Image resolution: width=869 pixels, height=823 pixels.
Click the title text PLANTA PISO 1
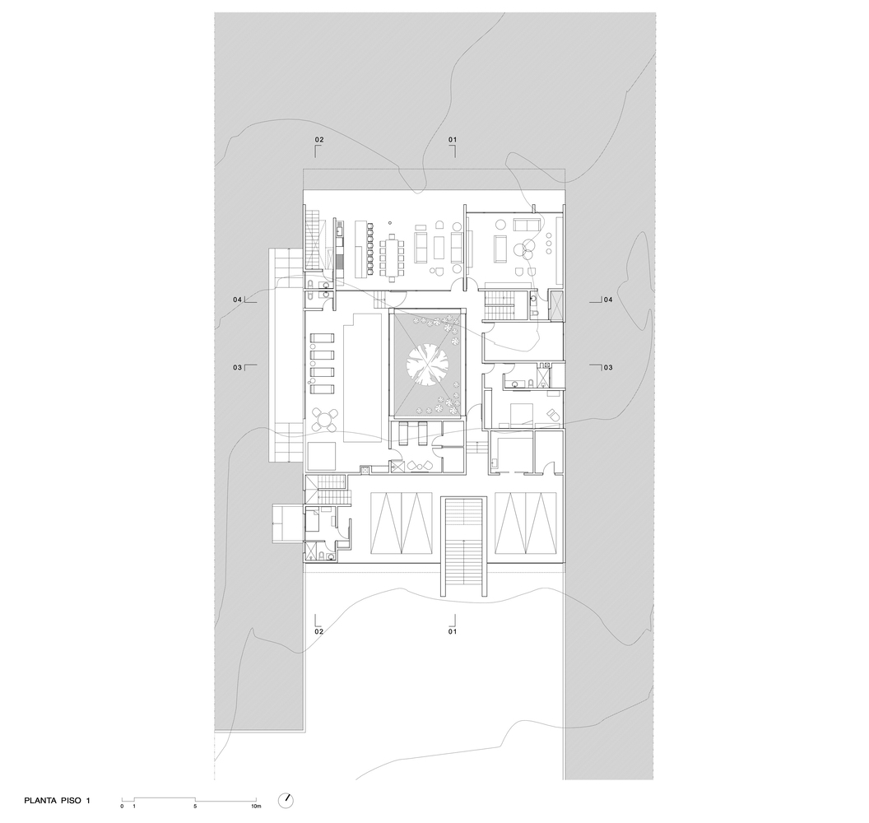coord(57,800)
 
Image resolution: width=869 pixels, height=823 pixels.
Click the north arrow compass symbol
coord(286,800)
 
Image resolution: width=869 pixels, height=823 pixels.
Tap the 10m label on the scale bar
coord(255,806)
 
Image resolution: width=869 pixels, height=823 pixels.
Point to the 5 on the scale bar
coord(195,806)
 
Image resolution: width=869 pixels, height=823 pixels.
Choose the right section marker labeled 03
coord(602,367)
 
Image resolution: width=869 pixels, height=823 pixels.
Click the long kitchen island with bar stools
coord(360,247)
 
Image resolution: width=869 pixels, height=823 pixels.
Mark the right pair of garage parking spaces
coord(525,523)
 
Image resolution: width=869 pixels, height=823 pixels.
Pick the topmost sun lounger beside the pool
coord(322,338)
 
